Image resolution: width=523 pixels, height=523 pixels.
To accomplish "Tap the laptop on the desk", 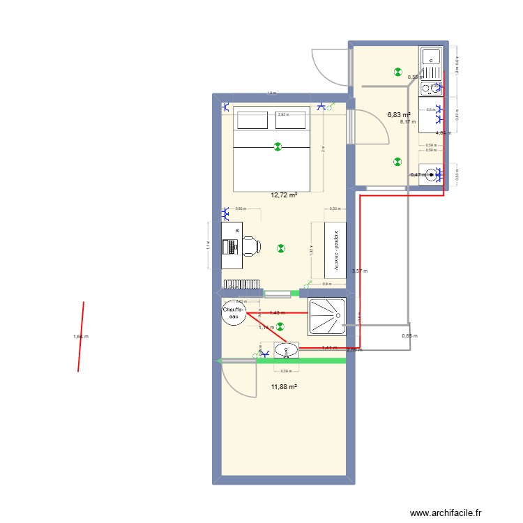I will (x=229, y=246).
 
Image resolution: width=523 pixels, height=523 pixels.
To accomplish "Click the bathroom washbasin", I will (x=287, y=349).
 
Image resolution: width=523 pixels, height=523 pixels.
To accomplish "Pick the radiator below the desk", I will (x=241, y=283).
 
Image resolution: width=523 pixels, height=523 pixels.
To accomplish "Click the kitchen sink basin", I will (x=430, y=56).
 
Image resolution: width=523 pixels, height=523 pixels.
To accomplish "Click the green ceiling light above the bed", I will (x=278, y=147).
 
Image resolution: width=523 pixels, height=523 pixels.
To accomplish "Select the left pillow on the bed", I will (x=249, y=119).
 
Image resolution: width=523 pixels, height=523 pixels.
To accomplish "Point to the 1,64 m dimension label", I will (x=81, y=337).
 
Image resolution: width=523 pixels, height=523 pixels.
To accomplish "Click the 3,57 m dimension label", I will (x=360, y=271).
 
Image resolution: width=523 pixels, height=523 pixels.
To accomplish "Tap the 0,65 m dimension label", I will (x=409, y=336).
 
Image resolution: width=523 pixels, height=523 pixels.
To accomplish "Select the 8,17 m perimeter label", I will (x=407, y=122).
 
